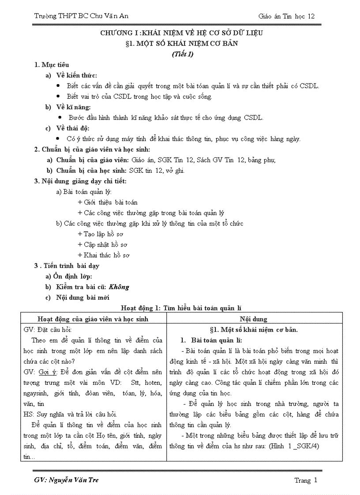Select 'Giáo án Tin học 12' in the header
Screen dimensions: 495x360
(286, 16)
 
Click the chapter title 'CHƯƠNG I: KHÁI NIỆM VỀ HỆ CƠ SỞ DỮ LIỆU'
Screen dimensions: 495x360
(181, 33)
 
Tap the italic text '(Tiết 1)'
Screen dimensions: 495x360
(182, 55)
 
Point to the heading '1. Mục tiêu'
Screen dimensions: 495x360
(52, 65)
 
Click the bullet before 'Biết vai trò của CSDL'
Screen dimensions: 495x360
(59, 97)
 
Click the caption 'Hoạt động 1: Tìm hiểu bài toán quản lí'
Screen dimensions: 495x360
(181, 308)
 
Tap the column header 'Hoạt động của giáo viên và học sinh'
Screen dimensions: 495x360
(93, 319)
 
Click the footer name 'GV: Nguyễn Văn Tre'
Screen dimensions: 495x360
(66, 480)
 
